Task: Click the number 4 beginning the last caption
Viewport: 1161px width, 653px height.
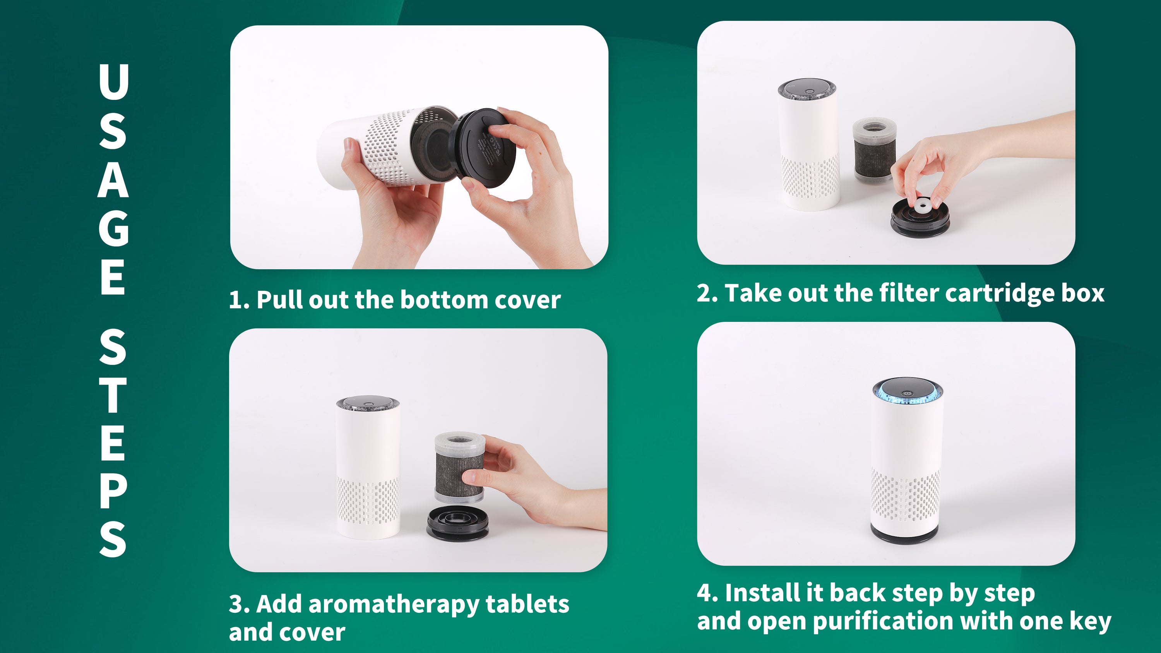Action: pos(704,593)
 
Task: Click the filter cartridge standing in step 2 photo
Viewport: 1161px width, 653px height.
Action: pos(874,150)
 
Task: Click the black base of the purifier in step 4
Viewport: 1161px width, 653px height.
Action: pos(906,535)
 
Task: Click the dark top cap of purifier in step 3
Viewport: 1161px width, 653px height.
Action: pos(368,404)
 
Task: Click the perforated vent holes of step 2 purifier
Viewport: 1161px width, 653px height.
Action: pos(810,178)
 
